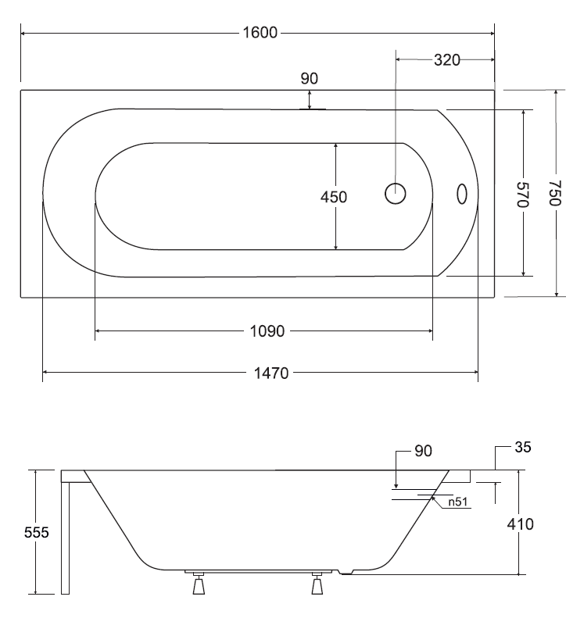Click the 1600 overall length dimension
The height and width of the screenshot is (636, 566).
point(260,33)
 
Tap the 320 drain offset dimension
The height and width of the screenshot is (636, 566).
point(446,60)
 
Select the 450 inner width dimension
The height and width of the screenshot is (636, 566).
point(334,197)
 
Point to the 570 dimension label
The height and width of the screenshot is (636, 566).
point(522,195)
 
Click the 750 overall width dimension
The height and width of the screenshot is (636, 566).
point(554,193)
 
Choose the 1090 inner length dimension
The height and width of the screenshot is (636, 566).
point(267,331)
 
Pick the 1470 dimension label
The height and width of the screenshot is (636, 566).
point(271,373)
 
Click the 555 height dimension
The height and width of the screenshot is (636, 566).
point(37,532)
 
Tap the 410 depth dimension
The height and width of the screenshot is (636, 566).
point(520,524)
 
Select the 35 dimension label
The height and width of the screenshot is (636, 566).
point(522,447)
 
